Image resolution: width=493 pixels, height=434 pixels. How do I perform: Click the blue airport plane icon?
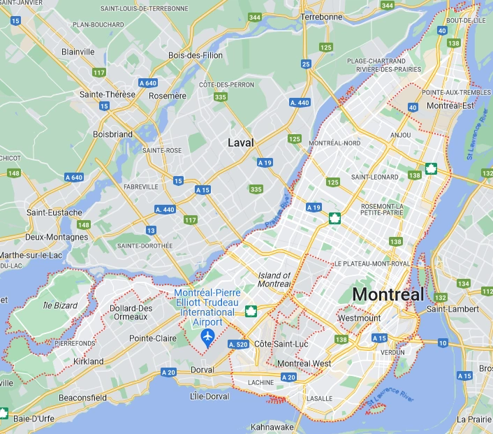pos(207,338)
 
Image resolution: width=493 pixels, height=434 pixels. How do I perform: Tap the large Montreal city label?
pos(388,295)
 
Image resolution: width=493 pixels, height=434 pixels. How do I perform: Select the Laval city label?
pos(241,143)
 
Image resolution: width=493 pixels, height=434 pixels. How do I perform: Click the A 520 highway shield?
pos(238,345)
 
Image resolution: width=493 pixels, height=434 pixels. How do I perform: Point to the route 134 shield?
pos(464,283)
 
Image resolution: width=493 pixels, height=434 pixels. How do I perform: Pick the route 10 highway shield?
pos(443,342)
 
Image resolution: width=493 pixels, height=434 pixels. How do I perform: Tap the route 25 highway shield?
pos(306,64)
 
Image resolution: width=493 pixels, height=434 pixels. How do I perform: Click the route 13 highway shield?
pos(151,230)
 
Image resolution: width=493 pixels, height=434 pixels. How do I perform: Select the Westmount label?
pos(359,318)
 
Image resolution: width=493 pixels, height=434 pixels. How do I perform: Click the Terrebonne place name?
pos(323,16)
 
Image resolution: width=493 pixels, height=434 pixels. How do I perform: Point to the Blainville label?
pos(78,52)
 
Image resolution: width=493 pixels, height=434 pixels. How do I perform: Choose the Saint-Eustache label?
pos(54,212)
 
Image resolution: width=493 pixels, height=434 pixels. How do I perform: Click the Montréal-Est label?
pos(450,106)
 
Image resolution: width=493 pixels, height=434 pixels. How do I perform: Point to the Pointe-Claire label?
pos(152,338)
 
